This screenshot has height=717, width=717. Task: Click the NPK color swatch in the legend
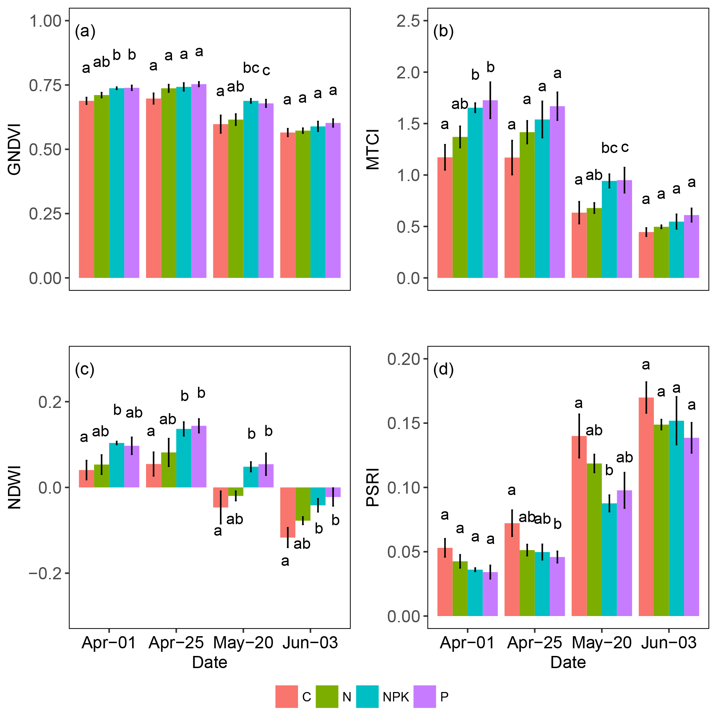pos(367,697)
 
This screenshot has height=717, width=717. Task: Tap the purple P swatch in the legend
pos(425,697)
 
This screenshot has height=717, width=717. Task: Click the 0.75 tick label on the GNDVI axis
pos(45,85)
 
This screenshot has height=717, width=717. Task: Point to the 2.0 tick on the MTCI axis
pos(408,73)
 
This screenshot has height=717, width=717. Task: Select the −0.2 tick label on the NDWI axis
pos(45,573)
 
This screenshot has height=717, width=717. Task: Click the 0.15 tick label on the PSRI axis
pos(404,424)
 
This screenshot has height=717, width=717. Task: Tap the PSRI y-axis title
pos(373,487)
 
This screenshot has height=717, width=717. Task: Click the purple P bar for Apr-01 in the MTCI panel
pos(490,189)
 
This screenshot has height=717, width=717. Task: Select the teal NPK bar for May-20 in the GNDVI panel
pos(250,189)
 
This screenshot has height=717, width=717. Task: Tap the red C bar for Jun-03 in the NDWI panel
pos(288,512)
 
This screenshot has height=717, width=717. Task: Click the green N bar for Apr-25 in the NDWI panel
pos(169,470)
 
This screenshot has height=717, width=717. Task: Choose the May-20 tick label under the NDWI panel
pos(243,643)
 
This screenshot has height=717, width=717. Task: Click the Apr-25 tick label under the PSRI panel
pos(535,643)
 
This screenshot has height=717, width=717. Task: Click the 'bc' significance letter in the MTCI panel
pos(609,148)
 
